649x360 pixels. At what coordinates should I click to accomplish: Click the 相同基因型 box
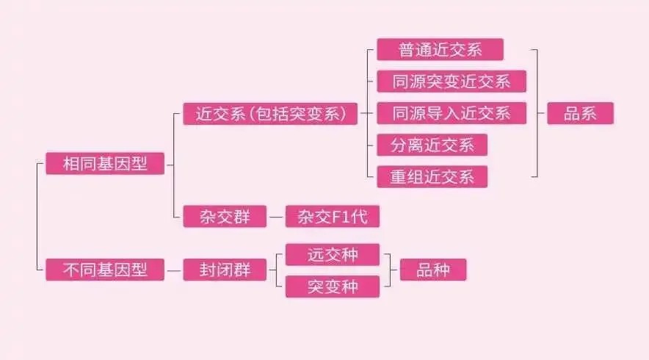[x=105, y=163]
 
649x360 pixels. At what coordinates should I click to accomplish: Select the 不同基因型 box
[x=105, y=270]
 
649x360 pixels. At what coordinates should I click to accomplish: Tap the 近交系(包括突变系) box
[x=270, y=113]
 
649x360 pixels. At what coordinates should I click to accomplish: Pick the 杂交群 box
[x=225, y=216]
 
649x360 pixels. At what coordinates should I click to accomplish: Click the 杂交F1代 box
[x=333, y=216]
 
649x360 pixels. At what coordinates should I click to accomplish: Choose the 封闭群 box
[x=225, y=270]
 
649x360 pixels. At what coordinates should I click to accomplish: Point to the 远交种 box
[x=333, y=254]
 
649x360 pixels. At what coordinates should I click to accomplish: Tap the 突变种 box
[x=333, y=287]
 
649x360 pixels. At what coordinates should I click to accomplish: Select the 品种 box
[x=433, y=270]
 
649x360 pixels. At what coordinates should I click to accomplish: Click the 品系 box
[x=580, y=113]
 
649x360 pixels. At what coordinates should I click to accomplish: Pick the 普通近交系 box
[x=440, y=49]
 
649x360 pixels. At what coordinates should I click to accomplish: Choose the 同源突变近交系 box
[x=452, y=82]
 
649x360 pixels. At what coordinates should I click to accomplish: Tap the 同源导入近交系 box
[x=452, y=113]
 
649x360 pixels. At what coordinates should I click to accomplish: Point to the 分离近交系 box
[x=432, y=145]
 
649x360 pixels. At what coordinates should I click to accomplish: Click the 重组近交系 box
[x=432, y=177]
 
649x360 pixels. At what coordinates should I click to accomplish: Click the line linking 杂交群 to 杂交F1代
[x=276, y=217]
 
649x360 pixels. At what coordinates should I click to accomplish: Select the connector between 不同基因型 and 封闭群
[x=174, y=270]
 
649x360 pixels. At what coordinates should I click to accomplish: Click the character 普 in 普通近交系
[x=407, y=50]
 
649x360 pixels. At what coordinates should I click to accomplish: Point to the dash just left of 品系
[x=541, y=113]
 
